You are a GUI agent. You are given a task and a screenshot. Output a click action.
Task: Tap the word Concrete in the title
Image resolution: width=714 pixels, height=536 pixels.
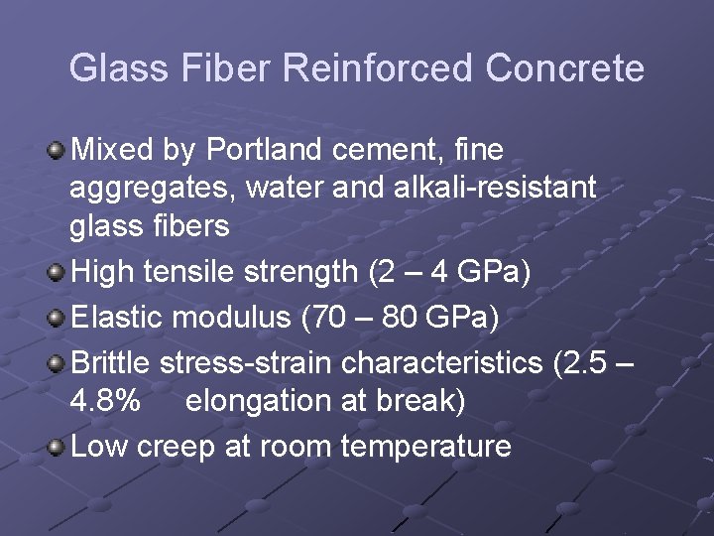coord(564,68)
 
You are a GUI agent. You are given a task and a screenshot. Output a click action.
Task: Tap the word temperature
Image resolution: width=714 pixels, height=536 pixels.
coord(425,447)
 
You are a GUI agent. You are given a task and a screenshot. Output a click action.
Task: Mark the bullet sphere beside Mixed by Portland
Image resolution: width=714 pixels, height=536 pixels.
coord(56,152)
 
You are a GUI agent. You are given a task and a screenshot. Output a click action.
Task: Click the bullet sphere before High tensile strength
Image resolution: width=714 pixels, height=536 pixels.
coord(56,272)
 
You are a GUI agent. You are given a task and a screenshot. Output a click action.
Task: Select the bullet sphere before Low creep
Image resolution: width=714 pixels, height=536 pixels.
coord(56,448)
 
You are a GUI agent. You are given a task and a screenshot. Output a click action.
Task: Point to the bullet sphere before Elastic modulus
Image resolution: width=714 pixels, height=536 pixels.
coord(56,320)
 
